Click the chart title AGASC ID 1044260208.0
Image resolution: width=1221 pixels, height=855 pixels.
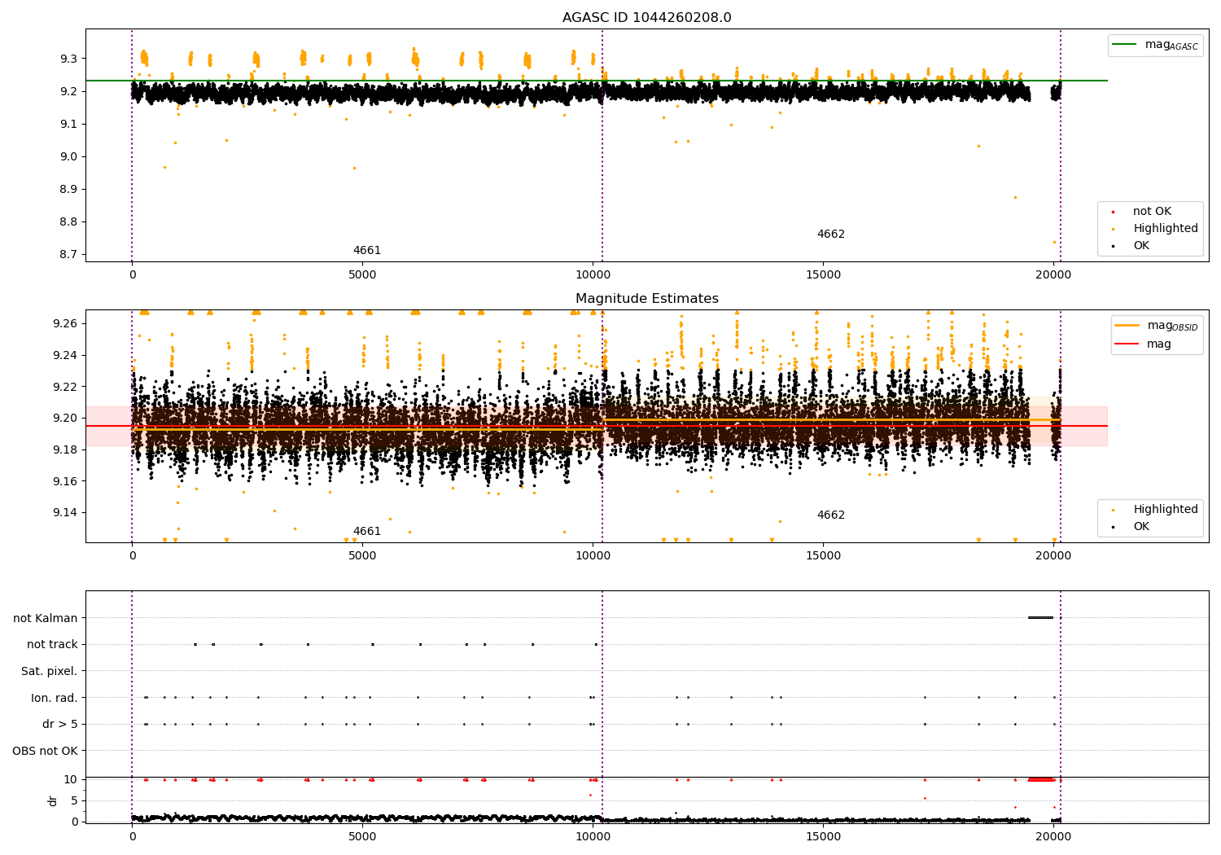646,18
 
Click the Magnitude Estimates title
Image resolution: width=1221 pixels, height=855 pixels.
646,299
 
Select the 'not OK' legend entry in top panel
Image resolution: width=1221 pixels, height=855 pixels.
1152,212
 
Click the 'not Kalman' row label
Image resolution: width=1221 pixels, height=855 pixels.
46,618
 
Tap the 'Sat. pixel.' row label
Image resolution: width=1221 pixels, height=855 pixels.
49,671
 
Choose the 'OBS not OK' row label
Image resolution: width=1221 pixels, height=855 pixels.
45,751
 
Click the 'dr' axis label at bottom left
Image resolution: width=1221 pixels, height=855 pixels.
53,800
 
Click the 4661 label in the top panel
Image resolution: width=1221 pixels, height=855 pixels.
366,250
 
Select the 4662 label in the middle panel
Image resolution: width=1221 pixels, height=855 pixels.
830,515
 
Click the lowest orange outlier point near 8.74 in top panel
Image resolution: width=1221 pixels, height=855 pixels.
1054,242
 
